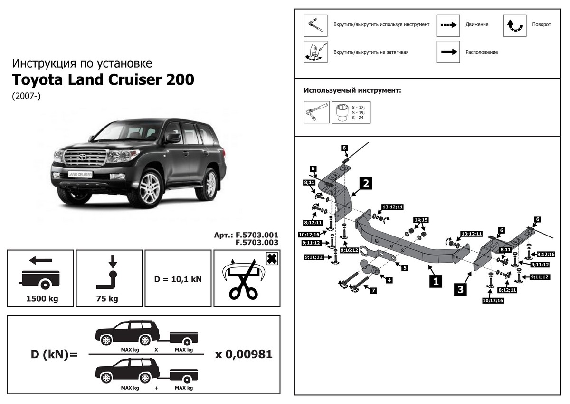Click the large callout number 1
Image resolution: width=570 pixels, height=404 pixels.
click(x=435, y=281)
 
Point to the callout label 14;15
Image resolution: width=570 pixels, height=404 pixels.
click(x=421, y=220)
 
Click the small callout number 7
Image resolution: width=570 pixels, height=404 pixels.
click(x=373, y=290)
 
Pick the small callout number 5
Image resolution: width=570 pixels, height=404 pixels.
click(x=405, y=268)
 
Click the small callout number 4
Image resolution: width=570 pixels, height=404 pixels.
click(x=389, y=280)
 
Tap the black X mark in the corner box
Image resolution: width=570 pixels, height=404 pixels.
click(x=272, y=258)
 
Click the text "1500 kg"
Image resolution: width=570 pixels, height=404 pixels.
click(x=40, y=299)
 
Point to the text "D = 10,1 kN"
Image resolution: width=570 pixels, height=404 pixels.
click(x=178, y=279)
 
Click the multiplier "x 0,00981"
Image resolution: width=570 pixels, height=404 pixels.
click(x=244, y=355)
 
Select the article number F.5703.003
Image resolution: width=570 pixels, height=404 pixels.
click(x=256, y=242)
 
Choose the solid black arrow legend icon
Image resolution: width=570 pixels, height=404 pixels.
click(x=448, y=52)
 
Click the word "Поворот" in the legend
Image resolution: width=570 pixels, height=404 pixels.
click(x=541, y=24)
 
